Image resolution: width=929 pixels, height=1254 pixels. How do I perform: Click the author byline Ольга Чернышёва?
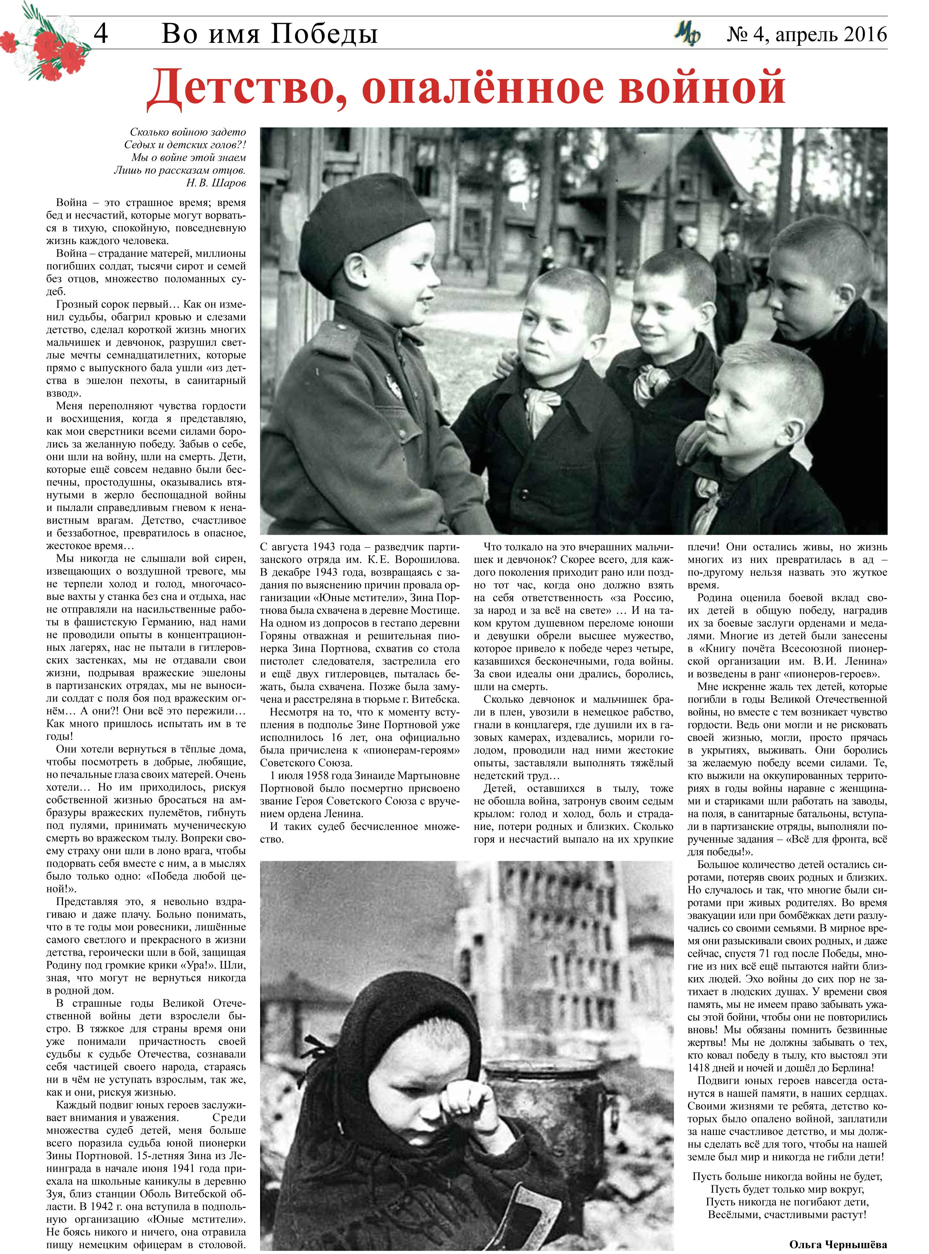coord(838,1244)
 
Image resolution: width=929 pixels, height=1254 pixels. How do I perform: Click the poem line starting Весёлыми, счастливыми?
coord(787,1215)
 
